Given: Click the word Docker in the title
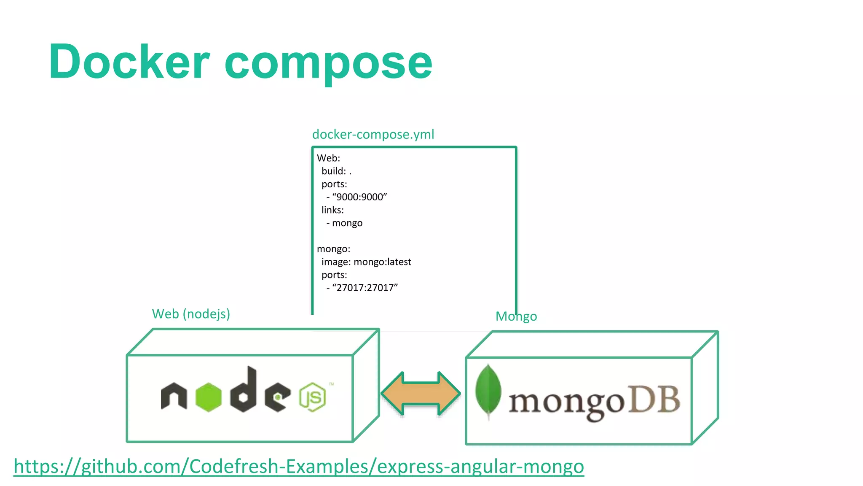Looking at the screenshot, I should pyautogui.click(x=129, y=62).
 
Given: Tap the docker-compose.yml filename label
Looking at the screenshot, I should pyautogui.click(x=373, y=134).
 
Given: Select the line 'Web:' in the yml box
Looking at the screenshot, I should pyautogui.click(x=328, y=158).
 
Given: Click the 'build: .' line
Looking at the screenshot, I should pyautogui.click(x=336, y=171).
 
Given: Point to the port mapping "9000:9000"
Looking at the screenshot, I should pyautogui.click(x=359, y=197).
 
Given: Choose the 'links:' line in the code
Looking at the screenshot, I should pyautogui.click(x=332, y=210).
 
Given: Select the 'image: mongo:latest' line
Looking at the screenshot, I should pyautogui.click(x=366, y=262).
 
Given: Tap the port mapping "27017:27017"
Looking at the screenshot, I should pyautogui.click(x=365, y=288).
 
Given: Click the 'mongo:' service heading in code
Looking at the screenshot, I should pyautogui.click(x=333, y=249).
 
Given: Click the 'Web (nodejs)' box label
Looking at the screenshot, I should pyautogui.click(x=191, y=314).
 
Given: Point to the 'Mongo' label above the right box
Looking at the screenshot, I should pyautogui.click(x=516, y=316).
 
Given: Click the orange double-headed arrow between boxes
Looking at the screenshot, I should pyautogui.click(x=421, y=394).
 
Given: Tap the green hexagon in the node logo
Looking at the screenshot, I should pyautogui.click(x=208, y=397).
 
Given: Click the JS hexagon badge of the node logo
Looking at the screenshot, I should pyautogui.click(x=313, y=397).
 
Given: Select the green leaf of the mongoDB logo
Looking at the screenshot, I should pyautogui.click(x=488, y=390).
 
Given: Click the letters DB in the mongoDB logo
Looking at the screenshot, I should pyautogui.click(x=654, y=400).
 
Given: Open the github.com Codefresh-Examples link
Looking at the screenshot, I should pyautogui.click(x=298, y=467).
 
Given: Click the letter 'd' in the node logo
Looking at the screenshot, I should pyautogui.click(x=244, y=390).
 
